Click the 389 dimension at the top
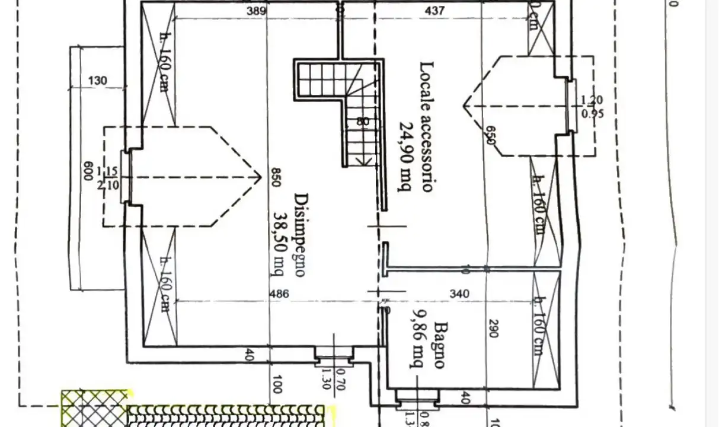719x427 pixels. pyautogui.click(x=256, y=11)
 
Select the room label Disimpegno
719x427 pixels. pyautogui.click(x=301, y=235)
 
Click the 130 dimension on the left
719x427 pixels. pyautogui.click(x=98, y=81)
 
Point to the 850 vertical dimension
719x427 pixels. pyautogui.click(x=274, y=177)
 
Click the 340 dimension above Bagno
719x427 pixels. pyautogui.click(x=459, y=294)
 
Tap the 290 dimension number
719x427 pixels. pyautogui.click(x=491, y=328)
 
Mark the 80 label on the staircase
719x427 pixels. pyautogui.click(x=363, y=122)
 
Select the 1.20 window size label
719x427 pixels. pyautogui.click(x=592, y=100)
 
